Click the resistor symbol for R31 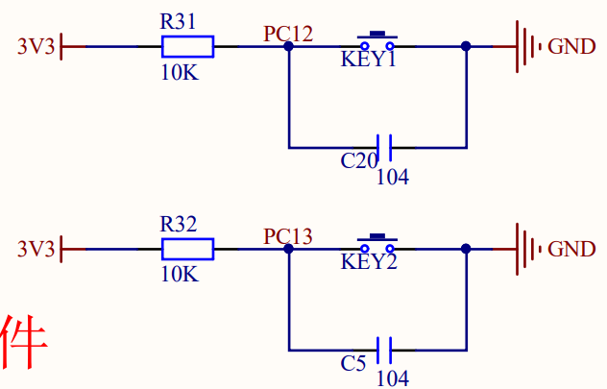pos(187,46)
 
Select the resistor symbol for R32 pos(187,250)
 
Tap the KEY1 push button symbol pos(377,42)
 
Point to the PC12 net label pos(288,34)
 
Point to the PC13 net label pos(288,236)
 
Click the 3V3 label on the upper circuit pos(36,46)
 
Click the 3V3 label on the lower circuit pos(36,250)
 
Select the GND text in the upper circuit pos(571,46)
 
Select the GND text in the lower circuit pos(571,250)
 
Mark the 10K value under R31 pos(179,72)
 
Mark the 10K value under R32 pos(179,275)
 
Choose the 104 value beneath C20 pos(392,177)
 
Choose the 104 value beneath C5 pos(392,378)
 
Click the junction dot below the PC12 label pos(288,46)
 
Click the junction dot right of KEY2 pos(466,250)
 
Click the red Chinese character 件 pos(22,343)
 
